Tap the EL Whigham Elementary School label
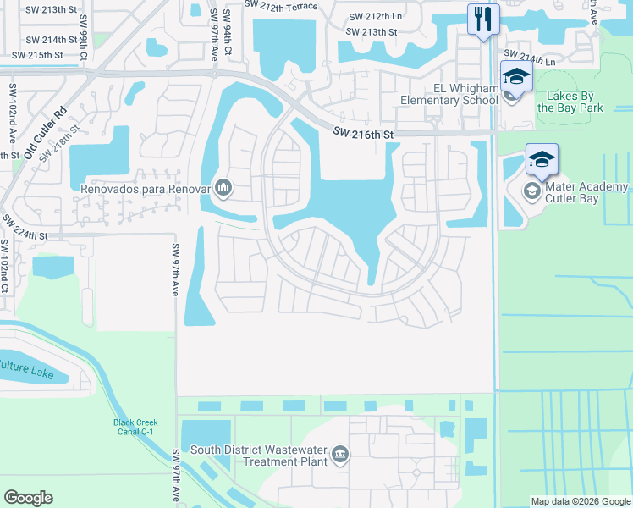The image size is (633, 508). click(x=449, y=94)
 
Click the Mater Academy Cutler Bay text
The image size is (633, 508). click(x=586, y=192)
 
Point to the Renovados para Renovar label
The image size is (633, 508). click(x=146, y=188)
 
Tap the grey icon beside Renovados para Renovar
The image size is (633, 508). click(x=223, y=187)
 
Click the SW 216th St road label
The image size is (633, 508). click(x=365, y=133)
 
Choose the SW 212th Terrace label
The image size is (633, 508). click(x=281, y=6)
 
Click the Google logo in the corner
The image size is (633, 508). click(x=29, y=497)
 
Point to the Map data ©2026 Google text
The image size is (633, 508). click(x=580, y=501)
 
